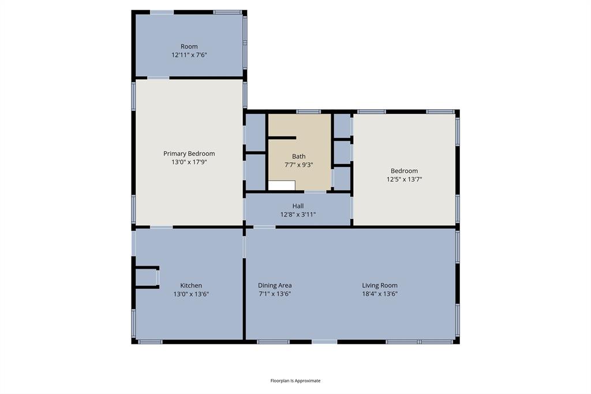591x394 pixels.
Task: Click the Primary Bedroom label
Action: click(189, 154)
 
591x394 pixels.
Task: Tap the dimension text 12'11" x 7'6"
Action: click(189, 55)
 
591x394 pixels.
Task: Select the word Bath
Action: click(298, 157)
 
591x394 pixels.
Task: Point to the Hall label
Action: click(298, 206)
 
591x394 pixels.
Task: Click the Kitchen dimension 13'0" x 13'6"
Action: click(191, 294)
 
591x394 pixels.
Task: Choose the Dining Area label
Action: click(274, 285)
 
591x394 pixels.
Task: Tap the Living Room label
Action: click(379, 285)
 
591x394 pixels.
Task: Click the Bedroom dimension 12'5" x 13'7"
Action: click(404, 180)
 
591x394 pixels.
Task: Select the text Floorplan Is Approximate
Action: click(295, 381)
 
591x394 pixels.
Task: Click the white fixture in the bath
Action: click(282, 185)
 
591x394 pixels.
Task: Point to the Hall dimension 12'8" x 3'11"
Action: click(298, 215)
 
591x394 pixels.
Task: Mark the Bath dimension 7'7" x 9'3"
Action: click(298, 165)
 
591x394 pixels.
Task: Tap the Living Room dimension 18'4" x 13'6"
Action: click(379, 294)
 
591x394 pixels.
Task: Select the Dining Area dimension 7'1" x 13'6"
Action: click(274, 294)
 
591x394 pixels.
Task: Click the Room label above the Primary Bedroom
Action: click(189, 46)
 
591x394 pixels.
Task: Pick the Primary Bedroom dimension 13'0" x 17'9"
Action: click(189, 162)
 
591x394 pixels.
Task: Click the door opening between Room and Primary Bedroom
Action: click(158, 78)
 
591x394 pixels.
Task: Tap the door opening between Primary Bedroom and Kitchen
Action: click(161, 227)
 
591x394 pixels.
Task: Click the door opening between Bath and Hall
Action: click(315, 191)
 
